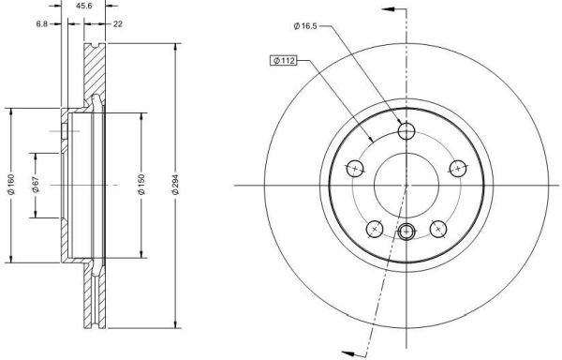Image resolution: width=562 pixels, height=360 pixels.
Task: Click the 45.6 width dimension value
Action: (84, 7)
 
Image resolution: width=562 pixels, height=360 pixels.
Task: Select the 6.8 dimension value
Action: (41, 24)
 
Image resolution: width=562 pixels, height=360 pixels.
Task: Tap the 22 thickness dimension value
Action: (118, 24)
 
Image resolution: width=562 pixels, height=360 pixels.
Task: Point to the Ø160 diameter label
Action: (11, 185)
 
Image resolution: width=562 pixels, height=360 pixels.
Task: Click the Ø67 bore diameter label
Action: (36, 185)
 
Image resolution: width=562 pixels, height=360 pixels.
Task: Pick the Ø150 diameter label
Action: (141, 185)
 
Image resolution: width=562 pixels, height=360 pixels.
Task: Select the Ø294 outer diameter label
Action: (175, 185)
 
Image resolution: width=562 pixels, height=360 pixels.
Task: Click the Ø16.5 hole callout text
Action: (305, 26)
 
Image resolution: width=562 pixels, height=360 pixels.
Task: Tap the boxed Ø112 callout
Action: (284, 61)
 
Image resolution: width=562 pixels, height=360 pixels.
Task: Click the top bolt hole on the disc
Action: (407, 130)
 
